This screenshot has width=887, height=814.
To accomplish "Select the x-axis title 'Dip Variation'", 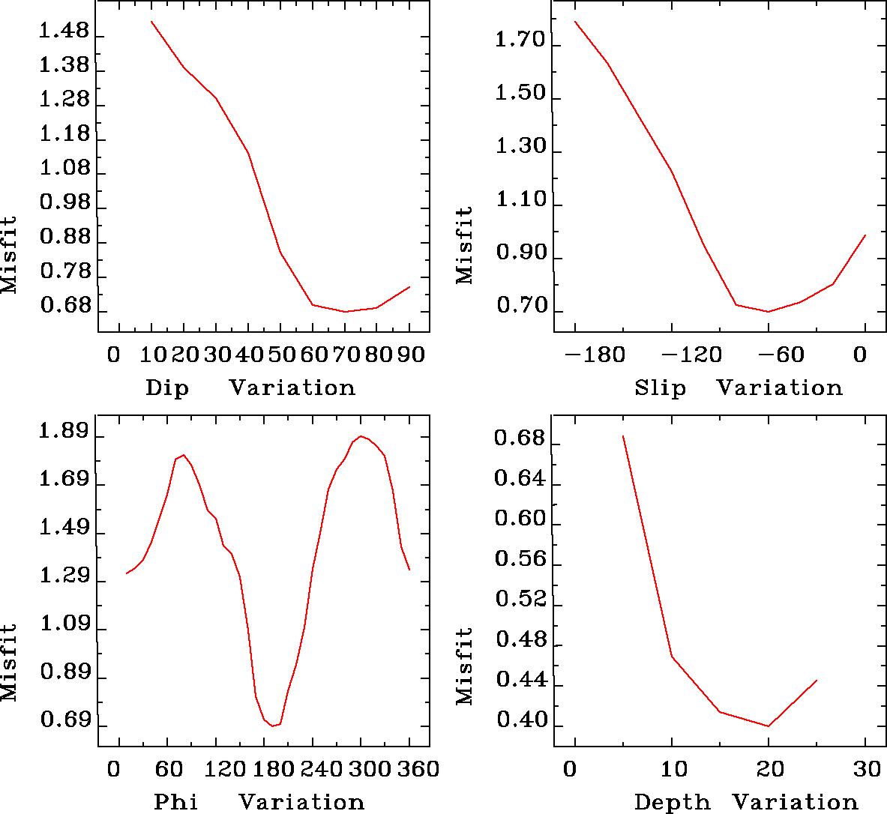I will (x=250, y=388).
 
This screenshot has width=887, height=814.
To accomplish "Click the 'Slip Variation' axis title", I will (x=738, y=388).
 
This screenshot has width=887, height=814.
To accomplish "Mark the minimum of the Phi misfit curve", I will (x=272, y=726).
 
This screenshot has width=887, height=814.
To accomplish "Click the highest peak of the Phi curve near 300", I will (x=361, y=436).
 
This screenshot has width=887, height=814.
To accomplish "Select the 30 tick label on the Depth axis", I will (x=865, y=769).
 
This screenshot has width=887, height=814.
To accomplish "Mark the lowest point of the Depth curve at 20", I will (x=768, y=726).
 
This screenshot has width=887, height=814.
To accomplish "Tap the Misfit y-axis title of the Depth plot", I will (x=465, y=666).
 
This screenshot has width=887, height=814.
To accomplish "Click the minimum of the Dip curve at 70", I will (x=346, y=311).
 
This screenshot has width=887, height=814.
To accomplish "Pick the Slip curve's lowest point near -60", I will (x=768, y=311).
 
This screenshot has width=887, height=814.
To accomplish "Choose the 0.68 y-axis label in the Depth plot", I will (x=518, y=439).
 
